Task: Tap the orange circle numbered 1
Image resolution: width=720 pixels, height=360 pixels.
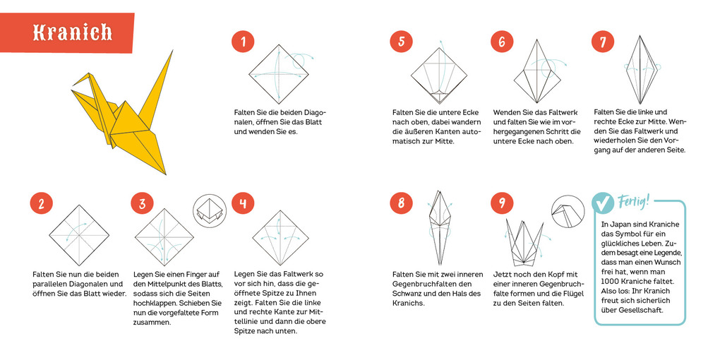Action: tap(243, 42)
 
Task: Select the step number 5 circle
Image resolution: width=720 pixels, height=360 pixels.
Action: tap(401, 42)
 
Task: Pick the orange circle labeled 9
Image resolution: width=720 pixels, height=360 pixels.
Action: tap(502, 204)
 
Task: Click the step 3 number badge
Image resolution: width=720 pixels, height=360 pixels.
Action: tap(142, 204)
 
